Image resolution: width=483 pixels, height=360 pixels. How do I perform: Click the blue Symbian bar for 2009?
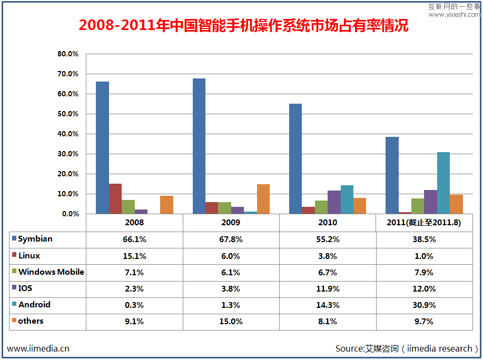point(199,146)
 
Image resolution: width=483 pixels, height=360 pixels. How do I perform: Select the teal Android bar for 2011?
point(443,183)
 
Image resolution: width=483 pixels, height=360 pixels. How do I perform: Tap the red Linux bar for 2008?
point(115,199)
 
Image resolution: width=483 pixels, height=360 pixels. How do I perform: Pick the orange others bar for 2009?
point(263,199)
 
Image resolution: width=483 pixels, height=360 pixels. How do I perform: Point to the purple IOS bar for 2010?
point(334,202)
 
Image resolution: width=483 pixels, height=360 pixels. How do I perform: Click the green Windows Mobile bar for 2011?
point(418,206)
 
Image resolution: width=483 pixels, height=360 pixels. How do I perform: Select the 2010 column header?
point(328,223)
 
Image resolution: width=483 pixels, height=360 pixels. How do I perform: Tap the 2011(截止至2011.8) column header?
point(424,223)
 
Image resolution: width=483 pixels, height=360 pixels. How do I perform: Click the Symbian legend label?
point(35,239)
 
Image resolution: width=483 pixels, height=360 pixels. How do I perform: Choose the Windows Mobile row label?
point(51,272)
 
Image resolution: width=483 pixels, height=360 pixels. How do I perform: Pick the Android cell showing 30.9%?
point(424,305)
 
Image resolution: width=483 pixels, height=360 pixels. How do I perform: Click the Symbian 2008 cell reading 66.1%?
point(134,239)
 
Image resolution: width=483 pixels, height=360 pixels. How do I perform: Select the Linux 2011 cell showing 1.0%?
point(424,256)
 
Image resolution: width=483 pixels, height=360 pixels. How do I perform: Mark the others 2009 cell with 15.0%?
point(231,322)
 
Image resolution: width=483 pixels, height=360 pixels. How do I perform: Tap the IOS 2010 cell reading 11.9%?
point(328,289)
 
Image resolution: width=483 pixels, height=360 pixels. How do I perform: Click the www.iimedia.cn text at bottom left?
point(38,348)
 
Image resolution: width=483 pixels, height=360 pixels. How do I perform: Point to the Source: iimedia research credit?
point(407,348)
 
